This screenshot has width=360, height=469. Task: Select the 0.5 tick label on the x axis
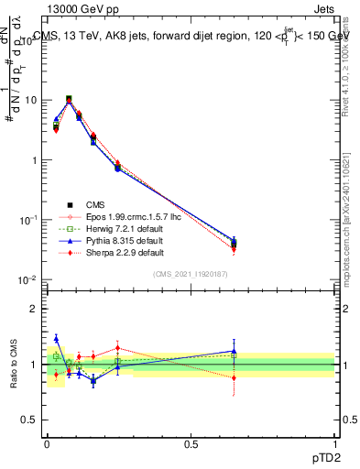pos(191,442)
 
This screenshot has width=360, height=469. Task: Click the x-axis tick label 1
pos(334,442)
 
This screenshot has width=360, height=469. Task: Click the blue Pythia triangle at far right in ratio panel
pos(234,351)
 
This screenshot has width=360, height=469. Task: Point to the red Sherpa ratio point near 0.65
pos(234,377)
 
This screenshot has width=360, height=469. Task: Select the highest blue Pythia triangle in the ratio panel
pos(56,338)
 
